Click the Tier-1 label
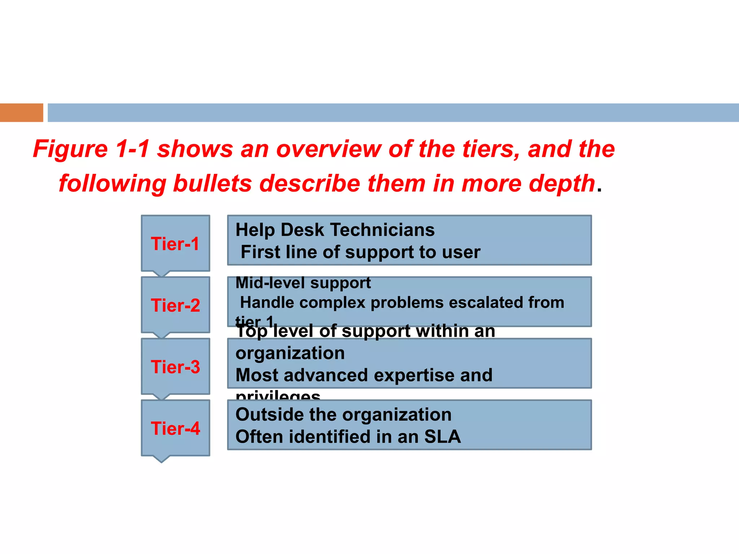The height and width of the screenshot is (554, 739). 175,244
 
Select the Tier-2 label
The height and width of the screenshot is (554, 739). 175,305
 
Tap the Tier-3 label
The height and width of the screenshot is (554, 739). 175,367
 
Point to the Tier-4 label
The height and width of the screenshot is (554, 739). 175,428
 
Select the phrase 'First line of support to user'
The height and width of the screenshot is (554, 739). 360,252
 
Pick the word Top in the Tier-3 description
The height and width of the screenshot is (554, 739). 251,331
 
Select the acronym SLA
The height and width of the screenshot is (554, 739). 442,436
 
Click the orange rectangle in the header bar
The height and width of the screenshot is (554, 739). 21,113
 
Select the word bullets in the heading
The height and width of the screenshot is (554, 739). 212,183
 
